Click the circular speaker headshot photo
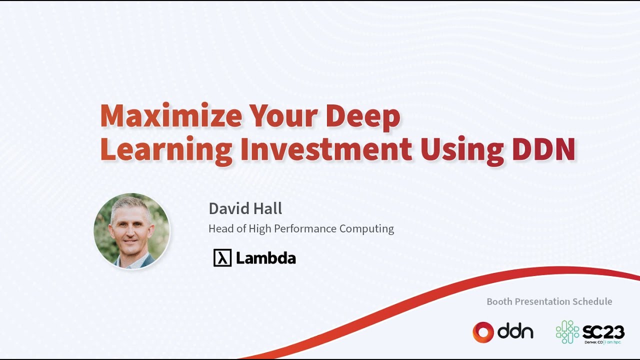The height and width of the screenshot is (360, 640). pyautogui.click(x=131, y=231)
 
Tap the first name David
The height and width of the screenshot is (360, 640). pyautogui.click(x=229, y=208)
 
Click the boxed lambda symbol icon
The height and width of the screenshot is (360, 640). pyautogui.click(x=222, y=257)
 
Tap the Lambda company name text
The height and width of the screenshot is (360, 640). pyautogui.click(x=265, y=257)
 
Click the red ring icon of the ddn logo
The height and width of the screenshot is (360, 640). pyautogui.click(x=483, y=332)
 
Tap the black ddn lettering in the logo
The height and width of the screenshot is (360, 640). pyautogui.click(x=515, y=331)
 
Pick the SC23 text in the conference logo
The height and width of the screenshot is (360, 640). pyautogui.click(x=603, y=332)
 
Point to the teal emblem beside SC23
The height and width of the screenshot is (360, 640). pyautogui.click(x=567, y=331)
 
